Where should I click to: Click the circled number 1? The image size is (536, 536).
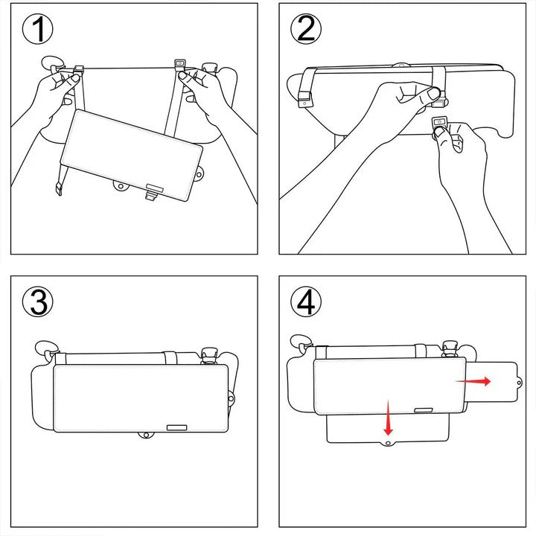pyautogui.click(x=39, y=31)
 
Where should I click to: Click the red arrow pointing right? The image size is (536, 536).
pyautogui.click(x=473, y=380)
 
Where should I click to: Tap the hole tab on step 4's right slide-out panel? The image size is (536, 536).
pyautogui.click(x=518, y=382)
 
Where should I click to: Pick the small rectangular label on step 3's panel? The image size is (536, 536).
pyautogui.click(x=177, y=427)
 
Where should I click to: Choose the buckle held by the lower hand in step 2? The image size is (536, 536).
pyautogui.click(x=440, y=124)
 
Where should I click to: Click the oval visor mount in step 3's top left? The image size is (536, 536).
pyautogui.click(x=46, y=347)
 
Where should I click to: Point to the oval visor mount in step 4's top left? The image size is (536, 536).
pyautogui.click(x=301, y=340)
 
